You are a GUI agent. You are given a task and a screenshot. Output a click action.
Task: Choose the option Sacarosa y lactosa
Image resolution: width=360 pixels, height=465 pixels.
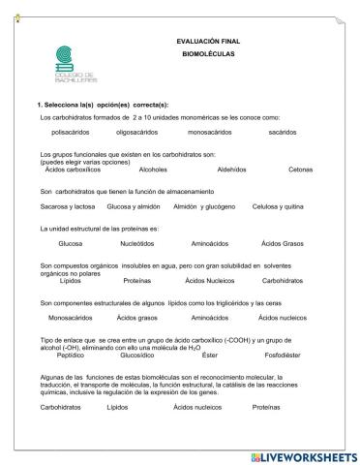click(x=66, y=206)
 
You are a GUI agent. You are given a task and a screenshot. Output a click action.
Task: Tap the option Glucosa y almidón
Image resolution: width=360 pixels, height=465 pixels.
click(x=134, y=206)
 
